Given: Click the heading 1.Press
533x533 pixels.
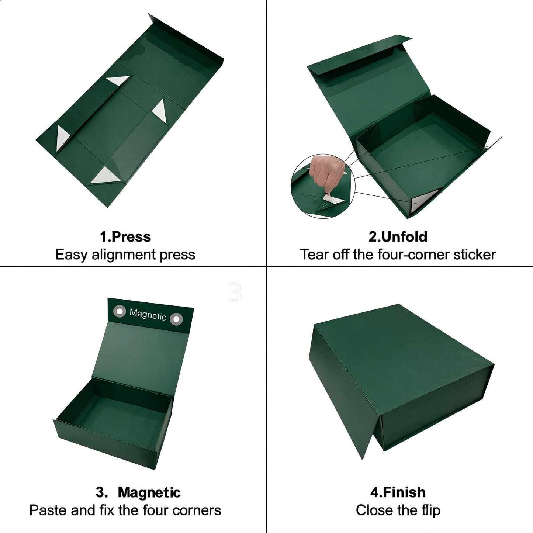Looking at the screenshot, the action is coord(125,237).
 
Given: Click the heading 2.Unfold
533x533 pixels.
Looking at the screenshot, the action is coord(398,237).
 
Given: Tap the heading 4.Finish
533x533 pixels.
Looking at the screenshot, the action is coord(398,493).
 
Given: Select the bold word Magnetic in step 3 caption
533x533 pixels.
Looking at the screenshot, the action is coord(149,493).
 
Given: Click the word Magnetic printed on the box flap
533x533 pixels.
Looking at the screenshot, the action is coord(148,315).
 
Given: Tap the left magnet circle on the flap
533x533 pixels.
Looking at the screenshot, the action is coord(120,311).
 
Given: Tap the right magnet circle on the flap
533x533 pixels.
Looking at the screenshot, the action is coord(176,319).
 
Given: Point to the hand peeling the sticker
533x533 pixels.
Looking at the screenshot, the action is coord(327,173).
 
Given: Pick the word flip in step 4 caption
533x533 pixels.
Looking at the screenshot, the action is coord(431,510).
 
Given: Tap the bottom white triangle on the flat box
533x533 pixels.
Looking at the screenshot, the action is coord(105,176).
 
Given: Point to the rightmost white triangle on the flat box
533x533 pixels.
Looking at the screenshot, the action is coord(160,111).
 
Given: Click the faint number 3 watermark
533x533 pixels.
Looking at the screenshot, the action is coord(235,291).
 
